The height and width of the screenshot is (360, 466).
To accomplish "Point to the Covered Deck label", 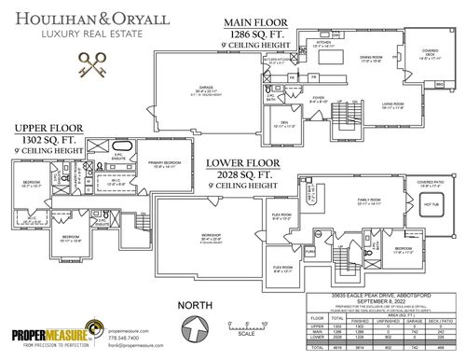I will tap(430, 57).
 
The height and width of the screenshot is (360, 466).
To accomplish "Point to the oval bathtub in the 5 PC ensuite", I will tap(121, 148).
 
